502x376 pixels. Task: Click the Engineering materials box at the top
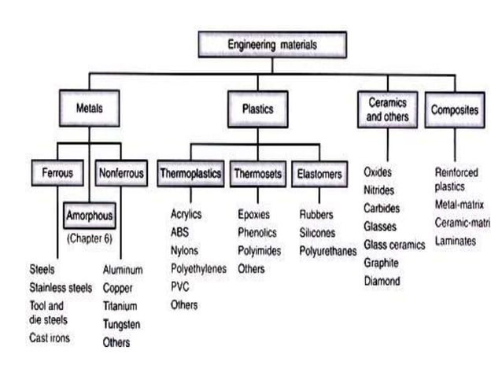(x=272, y=45)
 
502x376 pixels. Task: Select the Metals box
(x=88, y=110)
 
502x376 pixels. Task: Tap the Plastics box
(x=257, y=110)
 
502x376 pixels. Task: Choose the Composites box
(x=456, y=110)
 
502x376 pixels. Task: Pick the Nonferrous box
(x=120, y=172)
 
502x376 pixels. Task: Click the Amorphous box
(x=89, y=215)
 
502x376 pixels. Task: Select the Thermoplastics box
(x=190, y=172)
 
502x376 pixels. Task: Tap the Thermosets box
(x=257, y=172)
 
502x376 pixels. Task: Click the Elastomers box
(x=319, y=172)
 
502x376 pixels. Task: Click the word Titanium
(x=120, y=306)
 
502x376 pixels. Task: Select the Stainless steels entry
(x=60, y=288)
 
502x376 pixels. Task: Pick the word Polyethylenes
(x=198, y=269)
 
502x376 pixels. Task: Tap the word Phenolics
(x=257, y=233)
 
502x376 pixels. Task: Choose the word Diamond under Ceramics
(x=382, y=281)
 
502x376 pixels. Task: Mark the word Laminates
(x=456, y=241)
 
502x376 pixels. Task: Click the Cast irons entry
(x=49, y=338)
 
